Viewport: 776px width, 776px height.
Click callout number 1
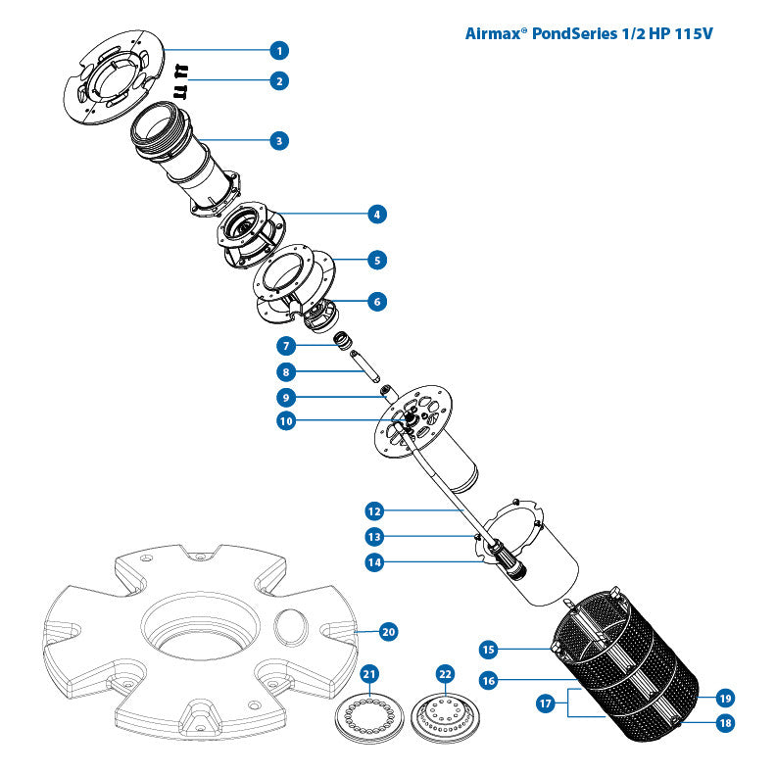279,49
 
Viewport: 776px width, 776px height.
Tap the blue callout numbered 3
279,140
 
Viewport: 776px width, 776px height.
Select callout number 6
377,302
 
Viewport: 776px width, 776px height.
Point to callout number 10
285,421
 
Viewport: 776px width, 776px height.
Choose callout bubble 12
373,510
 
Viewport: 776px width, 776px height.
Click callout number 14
373,561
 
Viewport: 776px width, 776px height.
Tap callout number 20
388,632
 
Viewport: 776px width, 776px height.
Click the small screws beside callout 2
181,80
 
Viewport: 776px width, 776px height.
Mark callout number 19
724,699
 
